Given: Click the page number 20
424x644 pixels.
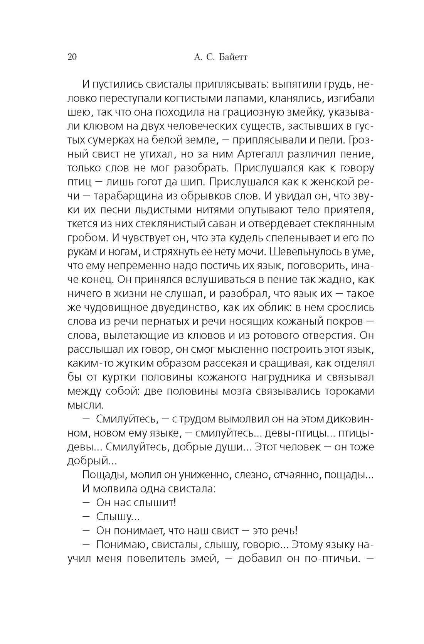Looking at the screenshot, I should point(72,57).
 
